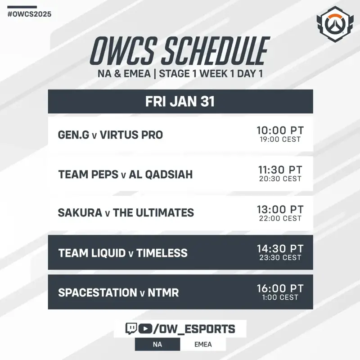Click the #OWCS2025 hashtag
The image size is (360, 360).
[x=29, y=14]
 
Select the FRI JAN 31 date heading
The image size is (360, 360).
[x=180, y=102]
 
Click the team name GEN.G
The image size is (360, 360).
[x=73, y=135]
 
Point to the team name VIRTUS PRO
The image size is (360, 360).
[x=131, y=135]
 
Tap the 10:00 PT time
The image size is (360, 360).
[x=280, y=130]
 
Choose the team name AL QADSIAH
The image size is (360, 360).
[x=161, y=175]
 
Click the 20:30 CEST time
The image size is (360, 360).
[x=280, y=179]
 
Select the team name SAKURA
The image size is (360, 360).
[x=80, y=212]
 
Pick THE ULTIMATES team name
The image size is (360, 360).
[x=153, y=212]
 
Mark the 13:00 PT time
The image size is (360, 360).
[x=280, y=209]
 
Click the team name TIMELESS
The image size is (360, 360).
[x=162, y=253]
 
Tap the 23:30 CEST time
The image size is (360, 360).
[x=280, y=257]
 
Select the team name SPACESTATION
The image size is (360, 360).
[x=98, y=293]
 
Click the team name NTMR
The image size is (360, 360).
[x=163, y=293]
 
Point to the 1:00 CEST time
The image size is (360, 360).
[x=280, y=297]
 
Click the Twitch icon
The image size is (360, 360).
[x=131, y=328]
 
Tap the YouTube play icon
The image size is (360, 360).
[x=145, y=329]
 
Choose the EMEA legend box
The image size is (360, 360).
[x=203, y=344]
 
